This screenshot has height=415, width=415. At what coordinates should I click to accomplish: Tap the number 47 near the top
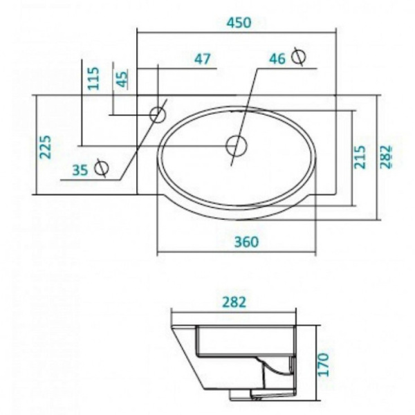tap(202, 59)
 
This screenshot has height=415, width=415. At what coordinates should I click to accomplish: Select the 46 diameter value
tap(277, 59)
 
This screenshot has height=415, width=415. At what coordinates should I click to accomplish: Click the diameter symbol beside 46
tap(299, 56)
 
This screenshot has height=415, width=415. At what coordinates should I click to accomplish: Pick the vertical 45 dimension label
tap(122, 79)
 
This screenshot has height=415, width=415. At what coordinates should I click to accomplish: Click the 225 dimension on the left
tap(46, 147)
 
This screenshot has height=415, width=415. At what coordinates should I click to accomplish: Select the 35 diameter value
tap(80, 169)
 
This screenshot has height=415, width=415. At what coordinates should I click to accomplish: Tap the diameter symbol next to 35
tap(101, 167)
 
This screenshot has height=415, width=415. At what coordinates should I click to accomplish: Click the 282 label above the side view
tap(234, 303)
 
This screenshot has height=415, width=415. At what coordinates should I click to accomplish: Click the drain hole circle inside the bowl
tap(237, 146)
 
